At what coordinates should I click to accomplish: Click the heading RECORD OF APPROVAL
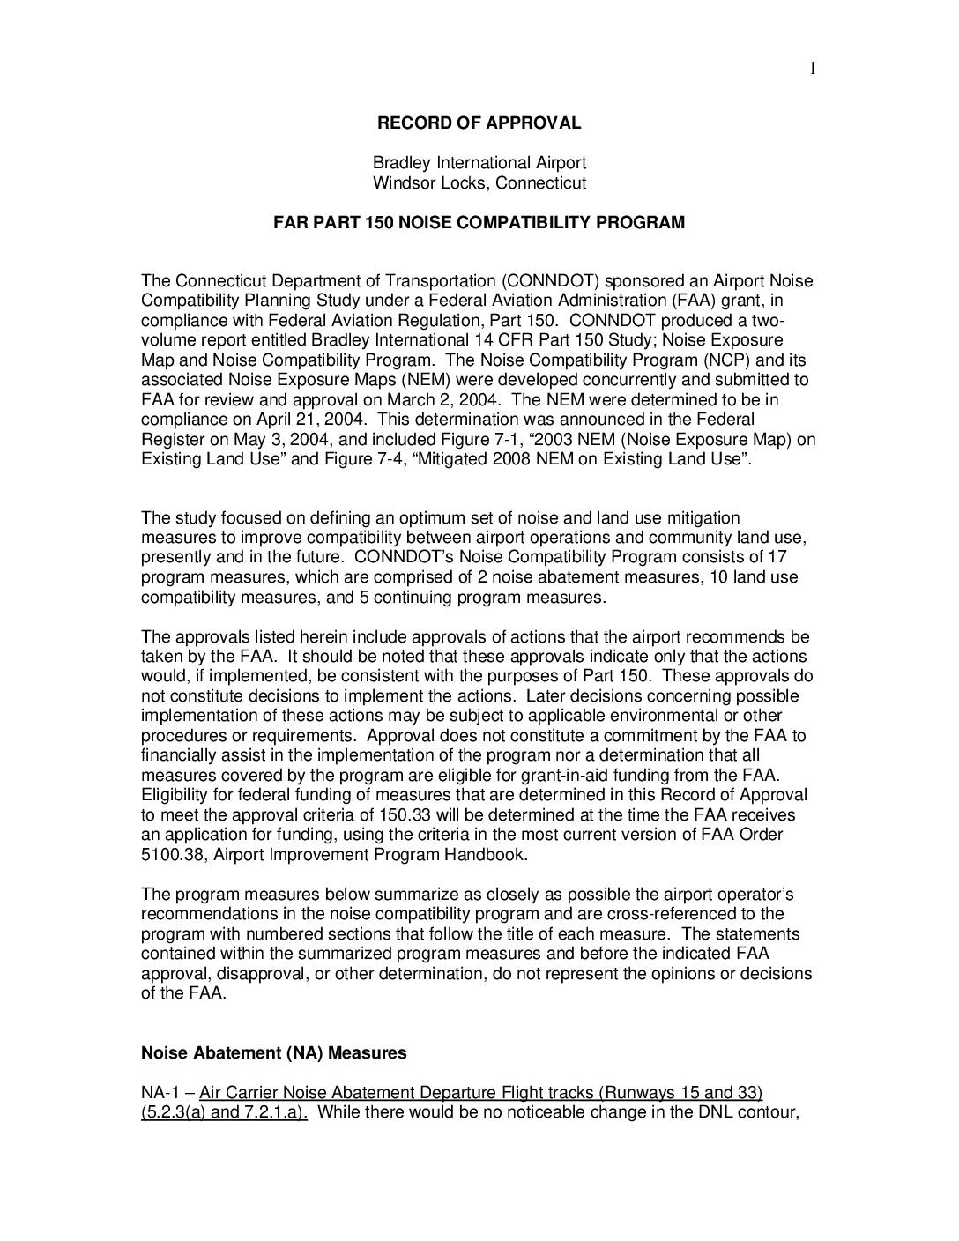[x=479, y=123]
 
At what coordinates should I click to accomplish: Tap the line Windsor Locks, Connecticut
[x=479, y=183]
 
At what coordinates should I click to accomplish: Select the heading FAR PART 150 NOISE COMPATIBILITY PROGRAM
[x=479, y=222]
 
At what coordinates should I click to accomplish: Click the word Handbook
[x=491, y=855]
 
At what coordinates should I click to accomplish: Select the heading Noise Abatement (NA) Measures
[x=274, y=1053]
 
